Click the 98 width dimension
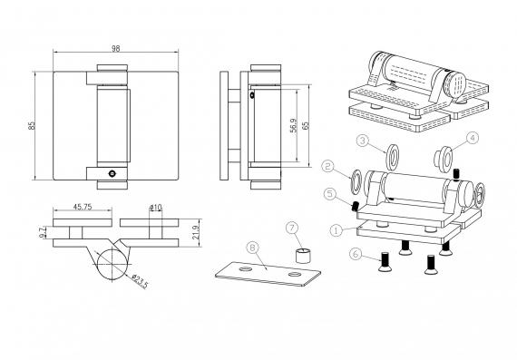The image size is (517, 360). [x=115, y=48]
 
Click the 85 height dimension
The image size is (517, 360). [x=32, y=126]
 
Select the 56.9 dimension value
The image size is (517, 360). [x=294, y=126]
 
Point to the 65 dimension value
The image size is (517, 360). [x=306, y=126]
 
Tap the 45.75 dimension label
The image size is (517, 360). [x=83, y=207]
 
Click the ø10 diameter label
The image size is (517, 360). [x=156, y=208]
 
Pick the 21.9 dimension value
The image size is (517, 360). [x=195, y=232]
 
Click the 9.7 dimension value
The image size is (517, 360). [x=42, y=232]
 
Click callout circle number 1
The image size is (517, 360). [x=337, y=230]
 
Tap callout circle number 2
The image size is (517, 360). [x=327, y=166]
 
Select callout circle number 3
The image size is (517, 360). [x=363, y=141]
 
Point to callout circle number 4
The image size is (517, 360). [x=473, y=138]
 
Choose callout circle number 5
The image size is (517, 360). [x=330, y=194]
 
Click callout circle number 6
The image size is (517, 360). [x=356, y=254]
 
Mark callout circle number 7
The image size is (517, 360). [x=292, y=228]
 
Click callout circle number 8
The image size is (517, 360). [x=252, y=248]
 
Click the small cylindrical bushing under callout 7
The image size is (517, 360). [x=303, y=256]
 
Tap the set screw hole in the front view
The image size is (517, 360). [x=112, y=173]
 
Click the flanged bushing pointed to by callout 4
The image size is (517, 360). [x=444, y=159]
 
